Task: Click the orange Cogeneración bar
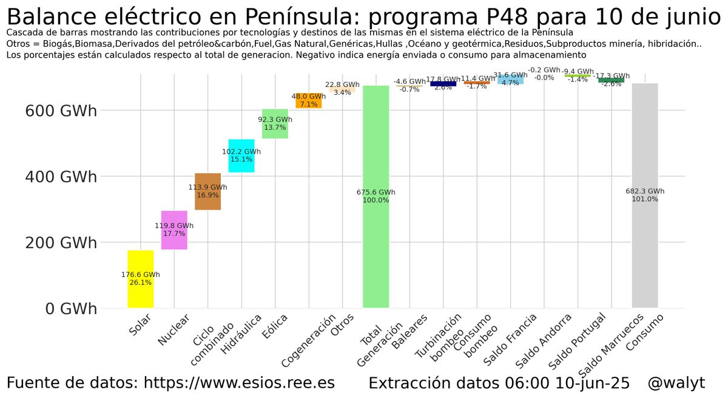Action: [309, 100]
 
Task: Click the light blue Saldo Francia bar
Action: [510, 79]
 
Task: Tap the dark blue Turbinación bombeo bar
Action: [443, 84]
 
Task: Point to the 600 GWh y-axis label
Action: [61, 111]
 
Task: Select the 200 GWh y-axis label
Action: [61, 242]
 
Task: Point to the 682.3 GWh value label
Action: [645, 191]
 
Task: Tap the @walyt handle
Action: [676, 383]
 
